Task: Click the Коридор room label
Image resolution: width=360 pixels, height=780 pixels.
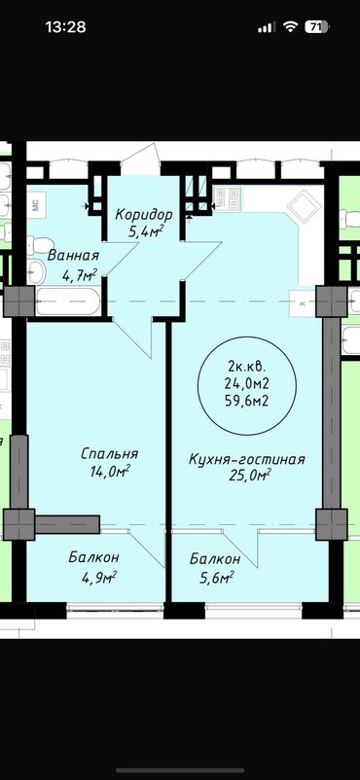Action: pos(144,215)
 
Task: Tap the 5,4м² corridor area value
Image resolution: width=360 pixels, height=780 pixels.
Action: pos(146,231)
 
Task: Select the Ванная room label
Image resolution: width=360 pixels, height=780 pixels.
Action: pos(73,256)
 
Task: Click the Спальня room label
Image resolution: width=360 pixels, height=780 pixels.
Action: pos(109,454)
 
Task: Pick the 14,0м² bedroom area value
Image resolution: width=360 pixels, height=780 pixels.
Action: pos(110,472)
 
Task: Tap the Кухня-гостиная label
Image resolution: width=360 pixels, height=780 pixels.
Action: pos(246,459)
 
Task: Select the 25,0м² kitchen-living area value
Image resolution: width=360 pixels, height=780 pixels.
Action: pos(250,475)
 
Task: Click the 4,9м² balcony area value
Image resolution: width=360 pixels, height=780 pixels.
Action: pos(98,577)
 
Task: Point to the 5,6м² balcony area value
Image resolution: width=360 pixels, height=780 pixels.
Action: pos(216,578)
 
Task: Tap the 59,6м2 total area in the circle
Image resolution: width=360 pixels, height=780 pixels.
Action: pos(248,401)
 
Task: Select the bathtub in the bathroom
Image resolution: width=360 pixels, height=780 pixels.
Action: pos(68,301)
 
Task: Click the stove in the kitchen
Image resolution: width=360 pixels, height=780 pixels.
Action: pos(227,198)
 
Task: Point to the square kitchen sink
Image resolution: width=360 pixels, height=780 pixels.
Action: pos(304,207)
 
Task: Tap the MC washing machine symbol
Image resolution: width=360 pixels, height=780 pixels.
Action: pos(37,204)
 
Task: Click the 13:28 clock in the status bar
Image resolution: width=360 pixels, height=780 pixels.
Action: pos(65,27)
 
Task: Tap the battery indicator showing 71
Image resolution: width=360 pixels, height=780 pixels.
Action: pos(317,27)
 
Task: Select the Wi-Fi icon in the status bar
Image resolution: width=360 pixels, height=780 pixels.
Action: pos(290,27)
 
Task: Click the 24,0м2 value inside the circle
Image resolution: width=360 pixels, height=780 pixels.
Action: pos(247,384)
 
